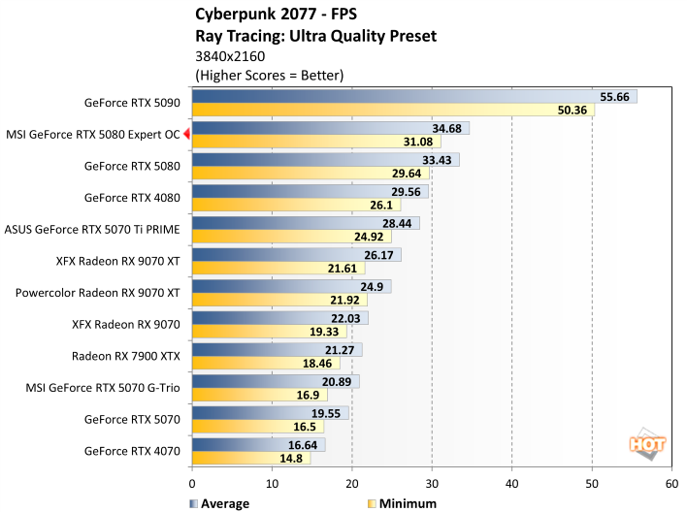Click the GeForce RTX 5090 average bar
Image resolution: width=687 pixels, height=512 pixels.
click(414, 97)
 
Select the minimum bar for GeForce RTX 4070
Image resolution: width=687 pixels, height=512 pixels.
click(251, 458)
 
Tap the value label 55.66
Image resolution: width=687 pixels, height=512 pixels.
click(615, 97)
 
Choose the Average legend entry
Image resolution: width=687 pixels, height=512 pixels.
click(219, 503)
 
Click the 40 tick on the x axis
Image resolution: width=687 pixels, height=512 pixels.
click(511, 482)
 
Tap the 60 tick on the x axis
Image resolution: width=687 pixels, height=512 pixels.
click(671, 482)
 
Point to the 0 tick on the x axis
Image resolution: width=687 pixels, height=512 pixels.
click(192, 482)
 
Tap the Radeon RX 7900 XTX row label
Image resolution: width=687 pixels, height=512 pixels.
click(126, 355)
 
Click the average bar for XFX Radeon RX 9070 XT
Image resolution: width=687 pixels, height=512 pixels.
click(296, 255)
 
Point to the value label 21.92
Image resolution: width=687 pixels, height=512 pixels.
click(375, 300)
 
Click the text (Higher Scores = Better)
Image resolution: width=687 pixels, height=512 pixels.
click(270, 75)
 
